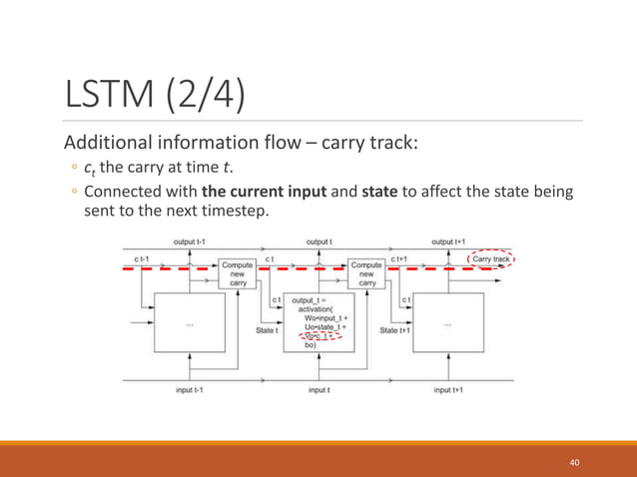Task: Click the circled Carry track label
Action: (x=490, y=259)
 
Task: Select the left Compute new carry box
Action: (x=237, y=272)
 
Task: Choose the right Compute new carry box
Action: (x=366, y=272)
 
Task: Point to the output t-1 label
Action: (x=191, y=241)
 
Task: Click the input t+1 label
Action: (x=447, y=390)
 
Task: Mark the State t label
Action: (x=266, y=330)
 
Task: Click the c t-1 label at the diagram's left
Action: (x=141, y=259)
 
